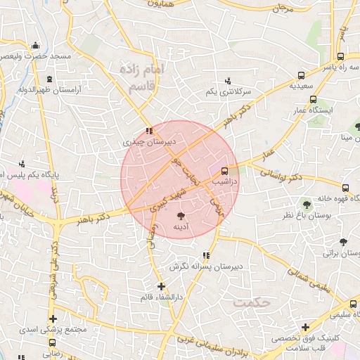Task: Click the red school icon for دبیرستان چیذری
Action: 149,131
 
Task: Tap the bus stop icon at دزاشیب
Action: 225,170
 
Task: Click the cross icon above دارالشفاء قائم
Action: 161,286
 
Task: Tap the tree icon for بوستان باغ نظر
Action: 306,204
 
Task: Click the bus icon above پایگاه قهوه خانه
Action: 345,188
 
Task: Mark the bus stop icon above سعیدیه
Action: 302,75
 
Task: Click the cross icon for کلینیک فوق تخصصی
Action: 305,327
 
